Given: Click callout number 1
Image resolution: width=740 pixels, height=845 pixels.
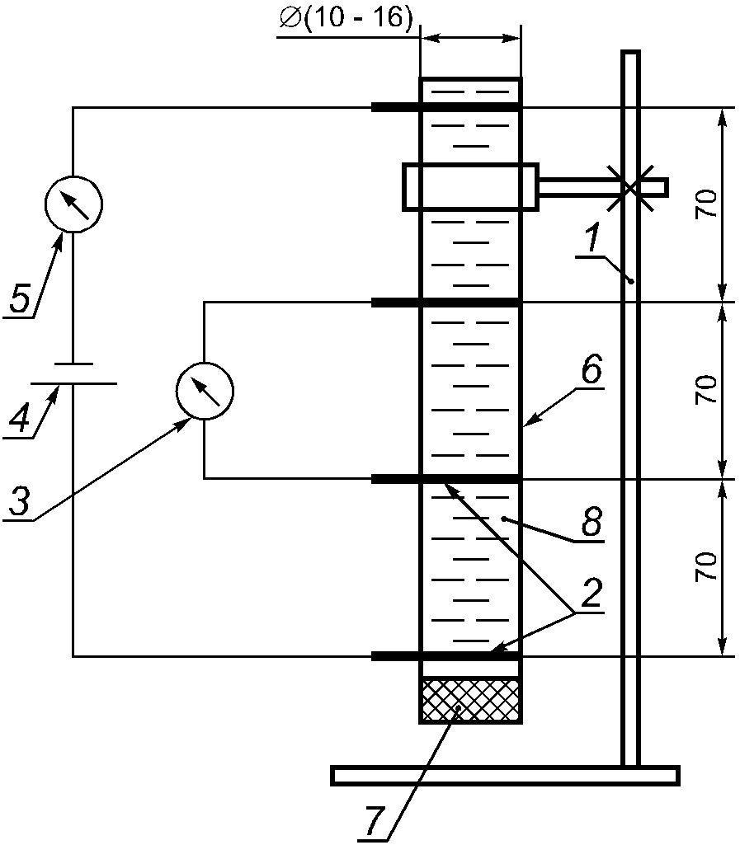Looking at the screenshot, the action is point(593,239).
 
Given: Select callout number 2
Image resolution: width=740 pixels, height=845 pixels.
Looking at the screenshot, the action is point(592,593).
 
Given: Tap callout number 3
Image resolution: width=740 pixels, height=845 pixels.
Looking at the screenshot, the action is point(20,502).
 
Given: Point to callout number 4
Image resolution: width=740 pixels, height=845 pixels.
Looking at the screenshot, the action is point(20,420).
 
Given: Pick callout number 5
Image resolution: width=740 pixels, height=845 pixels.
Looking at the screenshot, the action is point(20,300).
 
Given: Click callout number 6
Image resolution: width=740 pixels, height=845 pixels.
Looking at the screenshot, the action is point(592,370).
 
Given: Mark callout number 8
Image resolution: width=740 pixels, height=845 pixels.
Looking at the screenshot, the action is point(592,521).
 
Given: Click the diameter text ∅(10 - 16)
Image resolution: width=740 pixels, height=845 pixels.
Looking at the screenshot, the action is point(346,18).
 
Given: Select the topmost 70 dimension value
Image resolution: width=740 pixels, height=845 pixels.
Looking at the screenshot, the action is point(706,204).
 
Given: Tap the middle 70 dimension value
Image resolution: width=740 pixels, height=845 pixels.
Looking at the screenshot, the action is point(706,390).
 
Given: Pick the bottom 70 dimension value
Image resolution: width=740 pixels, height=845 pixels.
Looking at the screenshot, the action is point(706,566).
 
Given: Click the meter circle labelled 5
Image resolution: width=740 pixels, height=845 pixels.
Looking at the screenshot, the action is point(73,204).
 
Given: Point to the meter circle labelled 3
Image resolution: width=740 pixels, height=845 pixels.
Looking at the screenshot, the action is point(205,392).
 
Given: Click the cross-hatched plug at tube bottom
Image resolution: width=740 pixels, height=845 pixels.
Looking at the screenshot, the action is point(470,700).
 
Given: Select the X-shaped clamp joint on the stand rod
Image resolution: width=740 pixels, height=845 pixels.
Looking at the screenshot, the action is point(630,187).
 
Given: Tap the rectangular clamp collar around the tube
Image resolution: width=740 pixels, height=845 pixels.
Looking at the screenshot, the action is point(470,186).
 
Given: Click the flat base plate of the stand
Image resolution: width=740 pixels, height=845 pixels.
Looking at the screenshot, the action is point(505,775).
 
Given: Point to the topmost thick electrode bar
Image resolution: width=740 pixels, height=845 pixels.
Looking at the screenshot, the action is point(446,108).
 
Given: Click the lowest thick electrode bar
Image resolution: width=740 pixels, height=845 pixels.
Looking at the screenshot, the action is point(446,656).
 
